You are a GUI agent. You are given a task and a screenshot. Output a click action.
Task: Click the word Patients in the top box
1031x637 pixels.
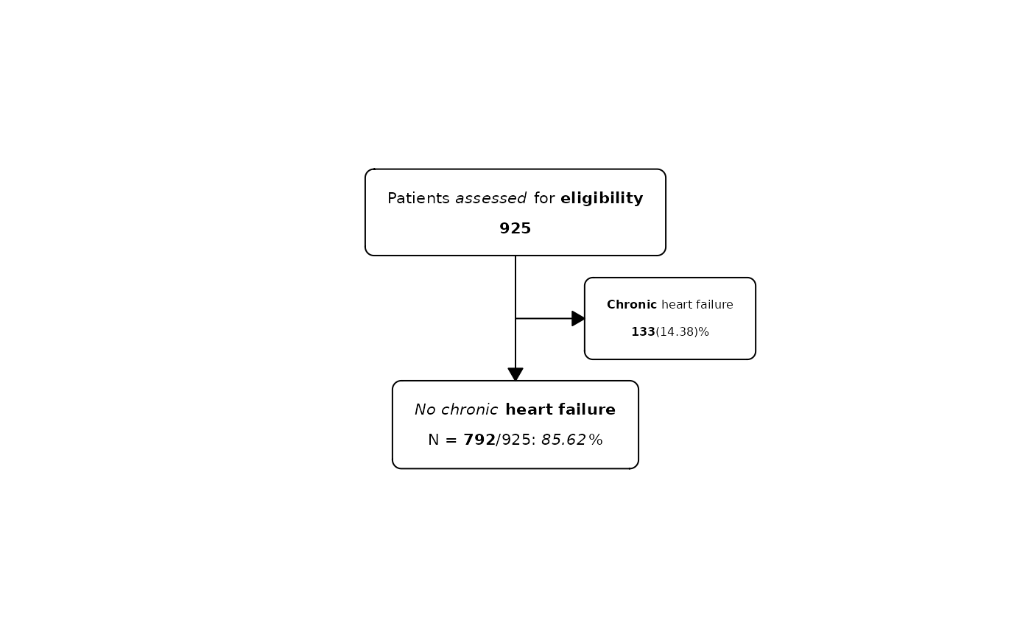click(418, 198)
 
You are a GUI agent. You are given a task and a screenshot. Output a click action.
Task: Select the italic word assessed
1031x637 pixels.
click(490, 199)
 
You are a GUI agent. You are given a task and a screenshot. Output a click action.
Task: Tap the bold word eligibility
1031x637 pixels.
click(602, 199)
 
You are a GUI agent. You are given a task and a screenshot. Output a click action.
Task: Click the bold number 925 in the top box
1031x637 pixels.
click(515, 228)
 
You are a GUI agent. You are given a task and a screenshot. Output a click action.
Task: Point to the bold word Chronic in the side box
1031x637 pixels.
click(632, 305)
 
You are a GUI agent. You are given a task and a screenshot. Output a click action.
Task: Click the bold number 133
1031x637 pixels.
click(643, 332)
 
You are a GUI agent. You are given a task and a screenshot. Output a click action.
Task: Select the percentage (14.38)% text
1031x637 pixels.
click(682, 332)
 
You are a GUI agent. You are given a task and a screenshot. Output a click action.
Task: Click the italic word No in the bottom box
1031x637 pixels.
click(425, 409)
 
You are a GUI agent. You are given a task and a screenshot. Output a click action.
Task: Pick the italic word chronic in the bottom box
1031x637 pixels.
click(470, 409)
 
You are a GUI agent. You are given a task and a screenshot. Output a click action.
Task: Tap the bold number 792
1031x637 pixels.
click(479, 440)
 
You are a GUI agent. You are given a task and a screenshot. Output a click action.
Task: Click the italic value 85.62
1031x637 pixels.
click(564, 440)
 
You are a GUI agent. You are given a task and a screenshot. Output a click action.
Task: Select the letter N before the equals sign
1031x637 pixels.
click(433, 440)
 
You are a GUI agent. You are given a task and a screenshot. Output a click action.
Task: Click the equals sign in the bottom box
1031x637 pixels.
click(451, 440)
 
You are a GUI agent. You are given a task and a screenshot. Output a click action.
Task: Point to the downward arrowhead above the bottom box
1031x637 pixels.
click(515, 374)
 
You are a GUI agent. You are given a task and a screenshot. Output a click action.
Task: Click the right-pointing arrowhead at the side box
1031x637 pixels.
click(578, 318)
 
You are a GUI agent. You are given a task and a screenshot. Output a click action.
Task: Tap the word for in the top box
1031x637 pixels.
click(544, 198)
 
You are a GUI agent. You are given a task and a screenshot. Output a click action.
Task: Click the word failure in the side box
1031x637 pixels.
click(714, 305)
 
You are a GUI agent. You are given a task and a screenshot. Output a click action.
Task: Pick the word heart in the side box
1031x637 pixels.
click(676, 305)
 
